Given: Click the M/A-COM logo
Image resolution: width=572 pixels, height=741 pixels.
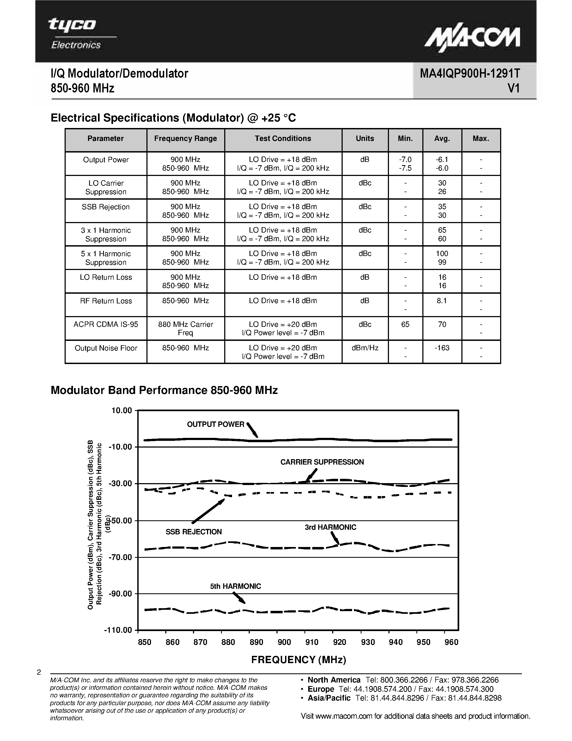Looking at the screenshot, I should point(472,40).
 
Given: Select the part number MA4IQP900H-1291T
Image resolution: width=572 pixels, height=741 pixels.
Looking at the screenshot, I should point(470,73).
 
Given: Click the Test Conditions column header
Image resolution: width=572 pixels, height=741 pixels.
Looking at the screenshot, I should point(283,138).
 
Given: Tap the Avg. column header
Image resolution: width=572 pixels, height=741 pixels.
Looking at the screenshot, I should point(442,138).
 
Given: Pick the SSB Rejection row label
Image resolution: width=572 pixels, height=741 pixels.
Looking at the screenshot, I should point(106,207).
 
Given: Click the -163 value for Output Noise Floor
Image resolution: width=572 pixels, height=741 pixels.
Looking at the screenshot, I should point(442,348).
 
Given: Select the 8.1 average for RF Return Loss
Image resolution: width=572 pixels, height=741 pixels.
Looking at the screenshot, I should point(442,301).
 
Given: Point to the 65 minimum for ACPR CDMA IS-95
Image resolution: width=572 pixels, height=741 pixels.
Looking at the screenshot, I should point(405,324).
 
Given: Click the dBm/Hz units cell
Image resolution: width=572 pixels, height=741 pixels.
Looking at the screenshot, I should point(365,348).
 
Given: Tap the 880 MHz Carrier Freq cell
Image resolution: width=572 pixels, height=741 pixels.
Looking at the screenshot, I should point(185,328).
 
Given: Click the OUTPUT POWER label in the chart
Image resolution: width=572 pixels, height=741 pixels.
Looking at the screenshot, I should point(216,424).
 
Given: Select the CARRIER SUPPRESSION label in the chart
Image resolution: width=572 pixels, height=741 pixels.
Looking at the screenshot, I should point(322,462).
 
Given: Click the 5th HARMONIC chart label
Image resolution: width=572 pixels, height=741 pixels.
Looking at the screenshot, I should point(236,586).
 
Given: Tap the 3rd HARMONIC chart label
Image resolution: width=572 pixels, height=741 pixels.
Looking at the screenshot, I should point(330,527).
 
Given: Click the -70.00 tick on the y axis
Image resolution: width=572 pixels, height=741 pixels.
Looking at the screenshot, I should point(120,558).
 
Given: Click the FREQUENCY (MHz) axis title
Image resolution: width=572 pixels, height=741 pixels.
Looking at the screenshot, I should point(299,660).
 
